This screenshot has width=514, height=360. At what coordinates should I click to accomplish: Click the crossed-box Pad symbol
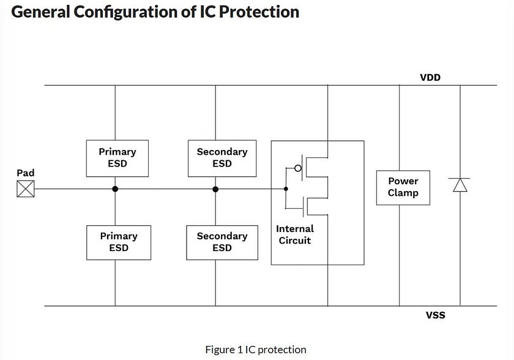25,189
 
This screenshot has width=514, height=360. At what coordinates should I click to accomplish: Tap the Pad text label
25,173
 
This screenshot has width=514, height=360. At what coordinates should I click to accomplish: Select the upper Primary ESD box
118,158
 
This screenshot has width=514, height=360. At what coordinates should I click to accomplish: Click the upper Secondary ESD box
222,158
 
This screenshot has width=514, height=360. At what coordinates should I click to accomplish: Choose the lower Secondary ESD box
222,242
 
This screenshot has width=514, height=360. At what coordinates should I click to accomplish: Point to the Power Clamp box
403,187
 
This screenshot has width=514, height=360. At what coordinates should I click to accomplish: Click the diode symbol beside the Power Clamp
460,184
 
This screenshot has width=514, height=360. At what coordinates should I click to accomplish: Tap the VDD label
430,78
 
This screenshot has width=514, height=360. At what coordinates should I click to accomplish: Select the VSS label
436,315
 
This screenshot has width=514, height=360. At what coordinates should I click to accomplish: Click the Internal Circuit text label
295,234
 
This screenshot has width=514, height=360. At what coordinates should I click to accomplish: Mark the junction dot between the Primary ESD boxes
115,189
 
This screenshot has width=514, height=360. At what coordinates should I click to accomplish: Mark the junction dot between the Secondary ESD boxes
215,189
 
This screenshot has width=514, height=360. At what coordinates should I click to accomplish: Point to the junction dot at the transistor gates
286,189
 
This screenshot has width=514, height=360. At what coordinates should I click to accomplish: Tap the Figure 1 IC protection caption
256,350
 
